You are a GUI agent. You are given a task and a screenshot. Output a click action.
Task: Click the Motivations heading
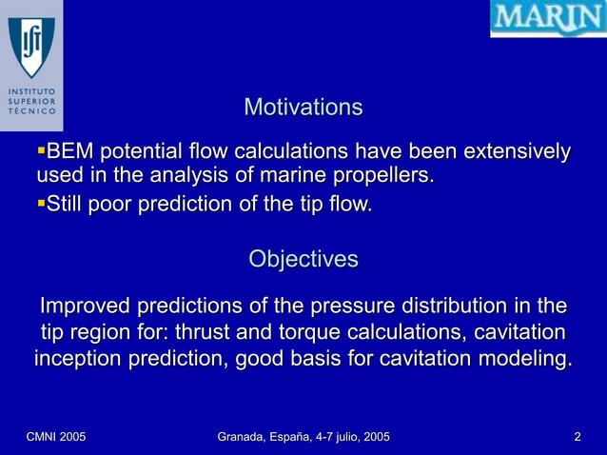click(303, 107)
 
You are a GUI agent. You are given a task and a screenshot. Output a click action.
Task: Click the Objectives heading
click(303, 259)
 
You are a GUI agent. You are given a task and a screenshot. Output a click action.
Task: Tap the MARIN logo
click(547, 19)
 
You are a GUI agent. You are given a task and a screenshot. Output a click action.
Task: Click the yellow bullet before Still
click(40, 202)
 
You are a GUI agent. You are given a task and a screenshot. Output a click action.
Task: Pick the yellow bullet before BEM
click(40, 150)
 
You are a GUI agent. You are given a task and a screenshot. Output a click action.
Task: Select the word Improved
click(84, 307)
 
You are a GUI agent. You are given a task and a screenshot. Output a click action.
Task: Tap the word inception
click(79, 360)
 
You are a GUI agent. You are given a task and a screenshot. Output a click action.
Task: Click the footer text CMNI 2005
click(55, 437)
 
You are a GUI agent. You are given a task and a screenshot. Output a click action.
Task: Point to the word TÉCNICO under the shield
click(30, 111)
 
